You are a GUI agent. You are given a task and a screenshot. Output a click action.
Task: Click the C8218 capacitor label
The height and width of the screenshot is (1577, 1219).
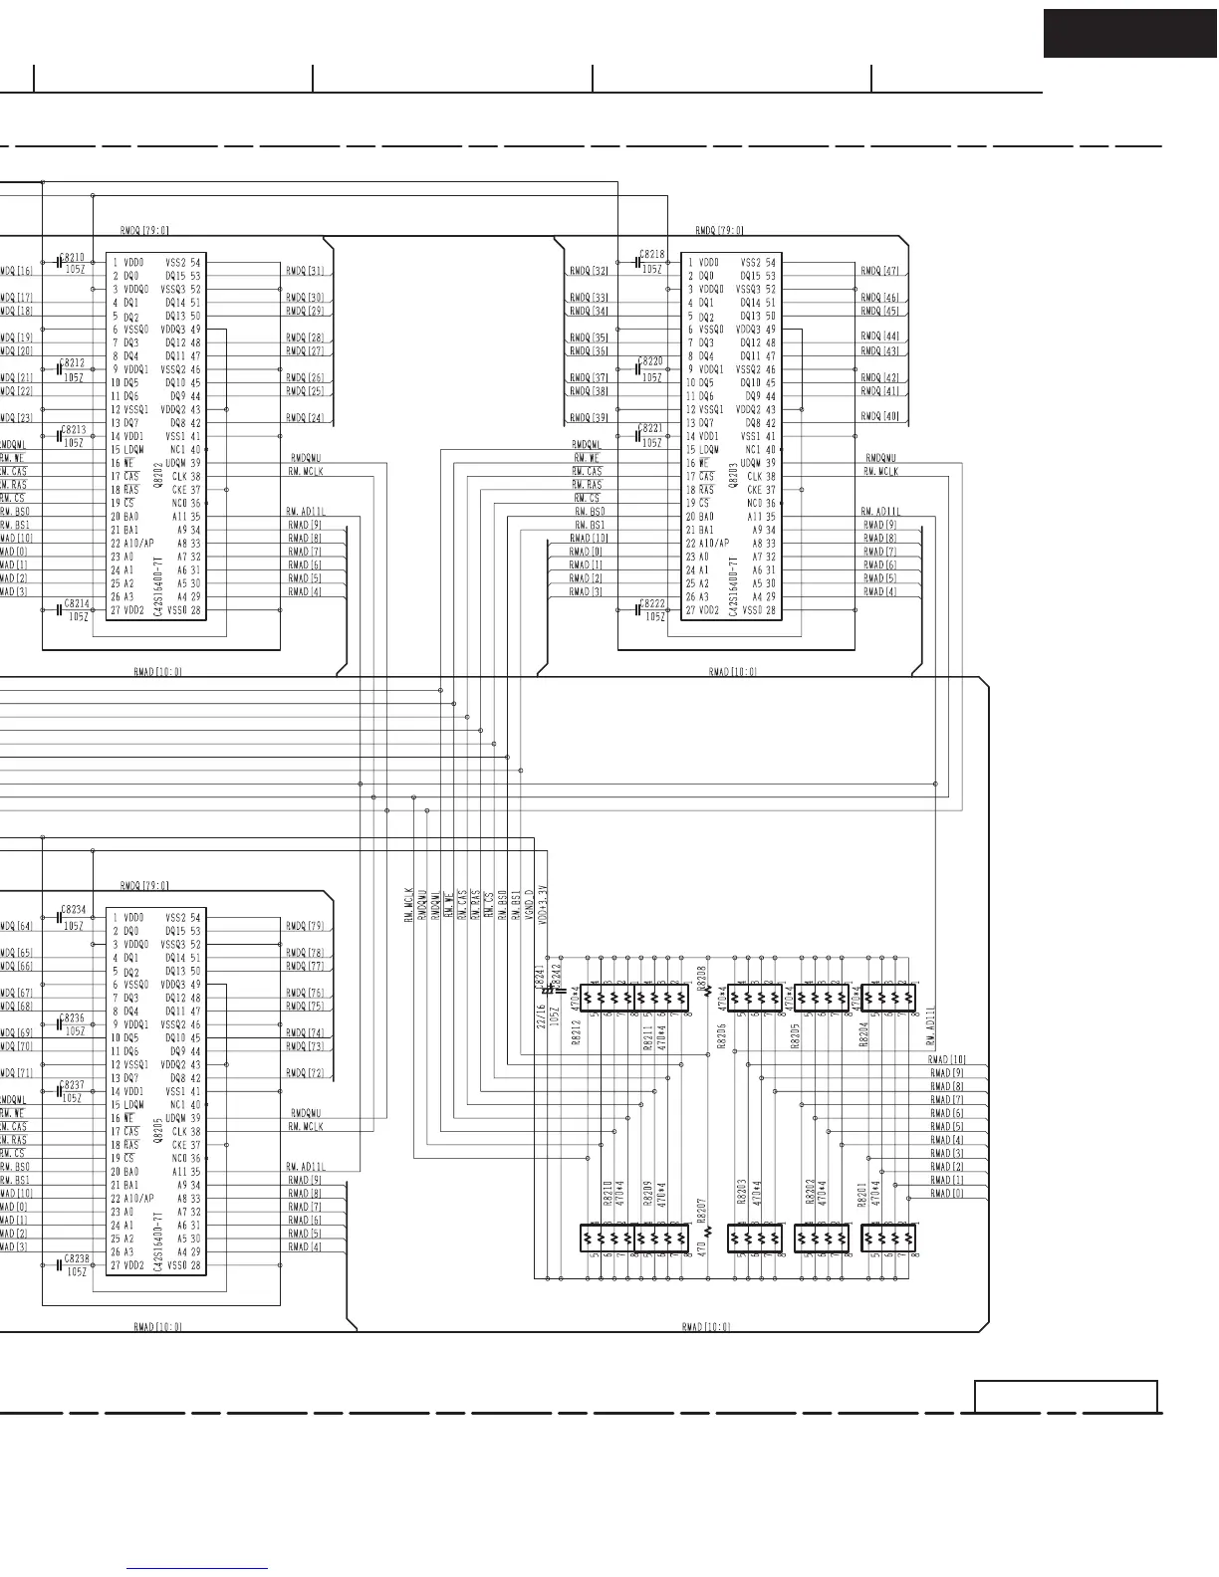(x=652, y=255)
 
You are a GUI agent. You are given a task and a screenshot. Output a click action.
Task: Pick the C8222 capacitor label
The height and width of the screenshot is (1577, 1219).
(x=653, y=604)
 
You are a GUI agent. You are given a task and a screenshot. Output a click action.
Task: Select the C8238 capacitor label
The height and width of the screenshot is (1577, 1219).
(x=77, y=1259)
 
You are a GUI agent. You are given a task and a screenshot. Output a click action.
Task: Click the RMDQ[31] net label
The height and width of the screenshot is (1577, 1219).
(x=305, y=271)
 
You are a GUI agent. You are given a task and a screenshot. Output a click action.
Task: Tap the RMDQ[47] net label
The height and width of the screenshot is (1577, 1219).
(x=879, y=271)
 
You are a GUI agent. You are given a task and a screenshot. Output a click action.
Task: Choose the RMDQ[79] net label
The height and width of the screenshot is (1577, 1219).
(x=305, y=927)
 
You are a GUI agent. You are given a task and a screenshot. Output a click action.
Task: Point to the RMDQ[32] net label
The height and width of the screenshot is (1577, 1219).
(x=589, y=271)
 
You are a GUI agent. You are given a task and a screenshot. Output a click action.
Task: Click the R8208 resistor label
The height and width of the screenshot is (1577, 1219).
(x=701, y=977)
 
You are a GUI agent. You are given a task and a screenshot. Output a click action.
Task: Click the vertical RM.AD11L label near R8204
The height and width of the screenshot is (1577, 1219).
(x=931, y=1024)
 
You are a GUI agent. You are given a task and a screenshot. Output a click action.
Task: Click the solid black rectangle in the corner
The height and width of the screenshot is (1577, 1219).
(x=1129, y=33)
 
